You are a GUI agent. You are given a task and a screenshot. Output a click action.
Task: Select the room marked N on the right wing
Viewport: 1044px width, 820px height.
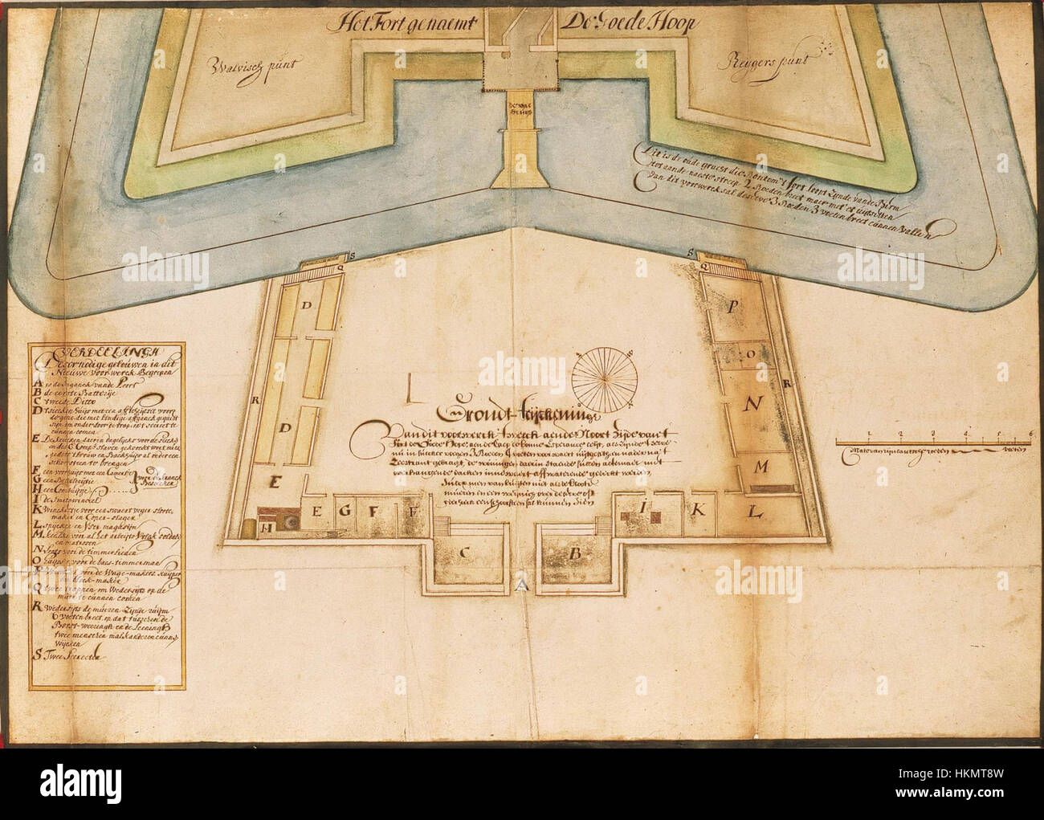click(x=752, y=404)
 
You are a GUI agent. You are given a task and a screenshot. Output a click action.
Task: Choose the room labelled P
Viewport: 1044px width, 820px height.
click(x=733, y=307)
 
